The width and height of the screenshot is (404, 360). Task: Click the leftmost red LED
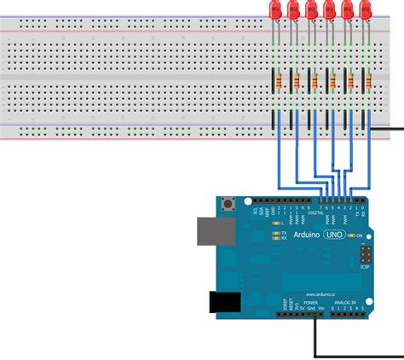pos(276,10)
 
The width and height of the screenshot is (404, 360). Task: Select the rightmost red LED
pos(366,10)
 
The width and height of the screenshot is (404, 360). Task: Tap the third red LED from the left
pos(312,10)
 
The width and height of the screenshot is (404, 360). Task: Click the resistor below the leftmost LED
pos(276,81)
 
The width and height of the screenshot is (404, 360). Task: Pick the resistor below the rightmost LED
pos(366,81)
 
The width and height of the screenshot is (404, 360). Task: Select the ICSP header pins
pos(365,255)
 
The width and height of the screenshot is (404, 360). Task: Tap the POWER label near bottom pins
pos(309,303)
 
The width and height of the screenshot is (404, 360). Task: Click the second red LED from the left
pos(294,10)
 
